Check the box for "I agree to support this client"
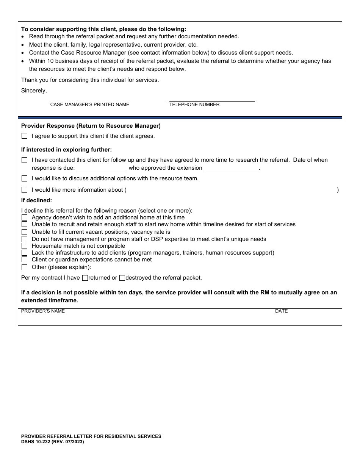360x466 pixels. point(25,136)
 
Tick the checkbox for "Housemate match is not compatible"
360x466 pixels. point(25,246)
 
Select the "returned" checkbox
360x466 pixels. point(85,278)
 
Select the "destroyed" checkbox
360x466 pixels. point(122,278)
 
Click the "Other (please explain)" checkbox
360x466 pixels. point(25,267)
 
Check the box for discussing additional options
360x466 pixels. point(25,178)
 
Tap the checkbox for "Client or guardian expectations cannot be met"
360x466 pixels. point(25,260)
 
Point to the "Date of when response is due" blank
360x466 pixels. point(102,168)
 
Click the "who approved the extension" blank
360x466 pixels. point(231,168)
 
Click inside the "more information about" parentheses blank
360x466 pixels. point(232,190)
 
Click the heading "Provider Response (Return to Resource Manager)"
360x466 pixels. point(91,126)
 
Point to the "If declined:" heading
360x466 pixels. point(36,200)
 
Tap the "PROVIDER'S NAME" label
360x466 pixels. point(43,311)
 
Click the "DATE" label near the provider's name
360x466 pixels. point(281,311)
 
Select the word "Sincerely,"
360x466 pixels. point(34,91)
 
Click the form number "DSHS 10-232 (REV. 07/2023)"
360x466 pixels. point(53,442)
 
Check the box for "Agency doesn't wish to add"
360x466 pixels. point(25,217)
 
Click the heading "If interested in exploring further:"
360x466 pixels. point(66,150)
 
